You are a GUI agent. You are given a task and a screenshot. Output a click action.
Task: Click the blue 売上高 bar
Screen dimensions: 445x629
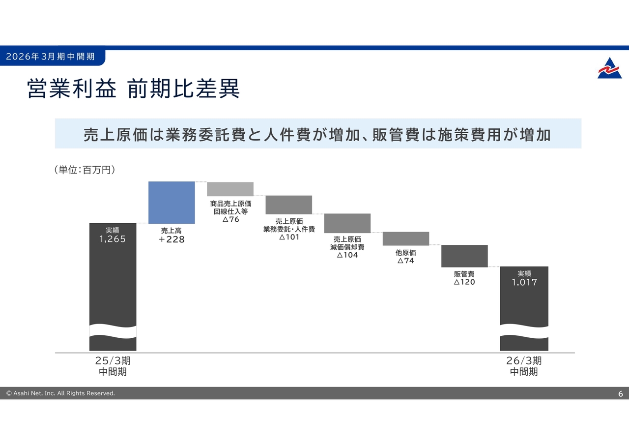click(x=172, y=202)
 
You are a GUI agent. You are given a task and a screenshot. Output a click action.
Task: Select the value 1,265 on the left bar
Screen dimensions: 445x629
click(x=113, y=239)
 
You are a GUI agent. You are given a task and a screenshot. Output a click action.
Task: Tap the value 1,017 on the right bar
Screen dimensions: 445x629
click(x=524, y=282)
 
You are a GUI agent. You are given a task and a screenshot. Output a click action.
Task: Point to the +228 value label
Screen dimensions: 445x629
click(x=172, y=240)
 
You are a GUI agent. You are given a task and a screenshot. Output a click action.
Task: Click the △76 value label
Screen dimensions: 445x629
click(x=230, y=219)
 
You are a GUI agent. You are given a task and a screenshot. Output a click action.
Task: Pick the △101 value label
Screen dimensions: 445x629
click(x=289, y=237)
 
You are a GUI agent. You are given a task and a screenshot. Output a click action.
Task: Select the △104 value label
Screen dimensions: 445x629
click(x=347, y=255)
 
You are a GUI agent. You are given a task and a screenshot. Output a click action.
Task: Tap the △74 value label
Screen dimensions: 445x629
click(x=406, y=261)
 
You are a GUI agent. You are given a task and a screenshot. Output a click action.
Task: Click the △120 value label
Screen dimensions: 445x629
click(x=464, y=282)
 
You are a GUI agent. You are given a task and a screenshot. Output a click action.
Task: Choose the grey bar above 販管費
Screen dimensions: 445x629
click(x=464, y=256)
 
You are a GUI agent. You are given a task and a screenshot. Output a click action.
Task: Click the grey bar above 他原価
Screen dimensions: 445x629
click(x=406, y=238)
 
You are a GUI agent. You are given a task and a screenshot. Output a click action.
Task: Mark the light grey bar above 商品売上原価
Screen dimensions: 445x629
click(x=230, y=189)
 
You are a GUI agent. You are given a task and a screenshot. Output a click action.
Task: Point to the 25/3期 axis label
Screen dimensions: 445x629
click(x=113, y=361)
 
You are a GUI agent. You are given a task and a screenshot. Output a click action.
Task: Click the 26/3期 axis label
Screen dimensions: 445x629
click(x=524, y=361)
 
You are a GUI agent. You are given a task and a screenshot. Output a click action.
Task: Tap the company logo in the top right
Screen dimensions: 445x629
click(x=609, y=68)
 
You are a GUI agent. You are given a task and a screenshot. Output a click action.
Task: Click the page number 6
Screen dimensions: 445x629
click(x=620, y=394)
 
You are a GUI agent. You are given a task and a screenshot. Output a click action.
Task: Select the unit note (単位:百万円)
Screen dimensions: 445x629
click(x=85, y=170)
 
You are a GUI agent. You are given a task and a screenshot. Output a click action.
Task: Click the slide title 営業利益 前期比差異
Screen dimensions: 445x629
click(x=134, y=89)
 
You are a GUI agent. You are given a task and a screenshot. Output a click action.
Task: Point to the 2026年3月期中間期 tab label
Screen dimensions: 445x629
click(x=50, y=57)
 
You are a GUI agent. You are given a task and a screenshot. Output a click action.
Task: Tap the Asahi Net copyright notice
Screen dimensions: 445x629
click(x=60, y=393)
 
